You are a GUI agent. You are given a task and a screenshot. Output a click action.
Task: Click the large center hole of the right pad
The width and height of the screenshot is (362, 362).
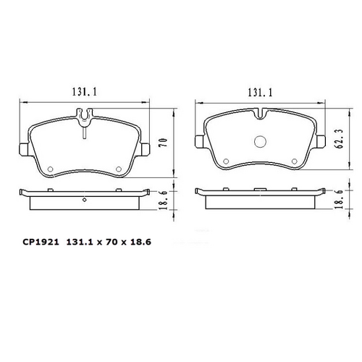[x=260, y=142]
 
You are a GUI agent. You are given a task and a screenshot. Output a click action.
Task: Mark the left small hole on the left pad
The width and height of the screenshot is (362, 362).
[x=51, y=170]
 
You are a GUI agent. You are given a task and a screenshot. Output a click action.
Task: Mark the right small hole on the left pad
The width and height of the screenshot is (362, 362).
[x=119, y=170]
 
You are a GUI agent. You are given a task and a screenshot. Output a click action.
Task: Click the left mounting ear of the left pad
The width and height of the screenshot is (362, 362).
[x=23, y=151]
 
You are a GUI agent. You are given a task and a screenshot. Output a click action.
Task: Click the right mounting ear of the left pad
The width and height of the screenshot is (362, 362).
[x=146, y=151]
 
